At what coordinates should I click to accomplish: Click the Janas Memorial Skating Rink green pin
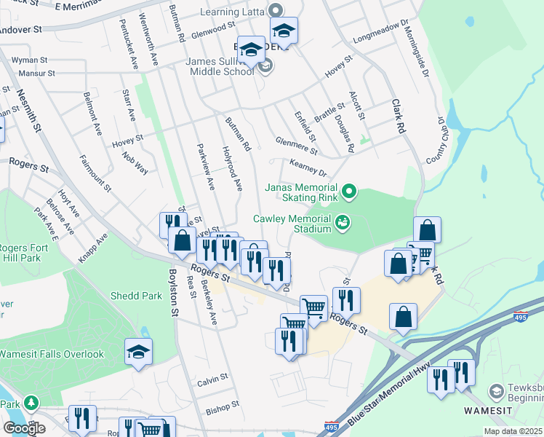click(350, 192)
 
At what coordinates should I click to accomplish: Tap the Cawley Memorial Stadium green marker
click(343, 221)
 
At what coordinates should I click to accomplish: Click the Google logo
click(24, 428)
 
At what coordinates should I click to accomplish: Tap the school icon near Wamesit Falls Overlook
click(139, 353)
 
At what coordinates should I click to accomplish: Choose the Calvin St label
click(213, 379)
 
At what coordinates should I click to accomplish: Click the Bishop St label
click(222, 409)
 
